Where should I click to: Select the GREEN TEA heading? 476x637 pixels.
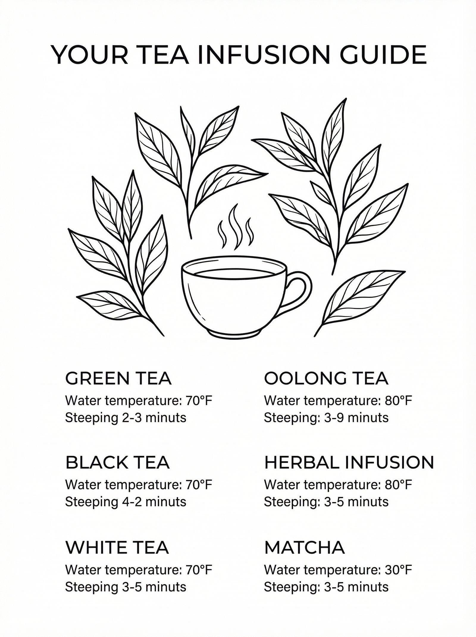pyautogui.click(x=118, y=379)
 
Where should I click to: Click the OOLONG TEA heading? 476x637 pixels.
pyautogui.click(x=326, y=379)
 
